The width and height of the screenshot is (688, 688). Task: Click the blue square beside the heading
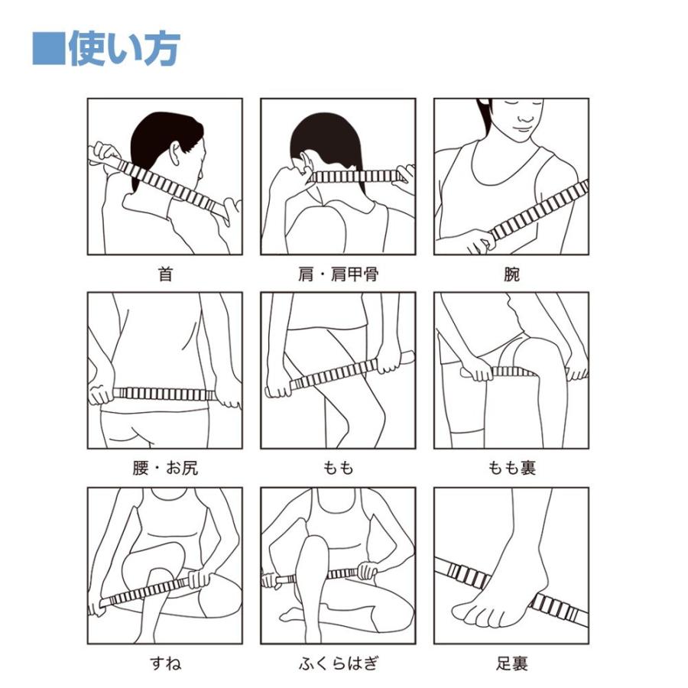[x=48, y=49]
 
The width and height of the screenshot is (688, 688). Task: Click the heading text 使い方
[x=125, y=49]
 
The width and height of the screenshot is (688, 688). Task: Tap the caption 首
[x=165, y=274]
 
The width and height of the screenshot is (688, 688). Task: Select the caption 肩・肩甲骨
[x=338, y=274]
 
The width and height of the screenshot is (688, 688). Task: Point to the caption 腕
[x=511, y=274]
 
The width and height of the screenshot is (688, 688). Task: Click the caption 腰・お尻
[x=165, y=468]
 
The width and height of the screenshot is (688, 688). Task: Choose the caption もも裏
[x=511, y=468]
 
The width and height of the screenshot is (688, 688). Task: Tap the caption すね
[x=165, y=663]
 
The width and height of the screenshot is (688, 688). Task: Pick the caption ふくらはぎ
[x=338, y=663]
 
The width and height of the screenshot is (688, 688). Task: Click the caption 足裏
[x=511, y=663]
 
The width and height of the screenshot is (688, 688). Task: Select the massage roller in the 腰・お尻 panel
[x=164, y=394]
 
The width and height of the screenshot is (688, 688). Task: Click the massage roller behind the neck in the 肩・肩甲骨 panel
[x=355, y=177]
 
